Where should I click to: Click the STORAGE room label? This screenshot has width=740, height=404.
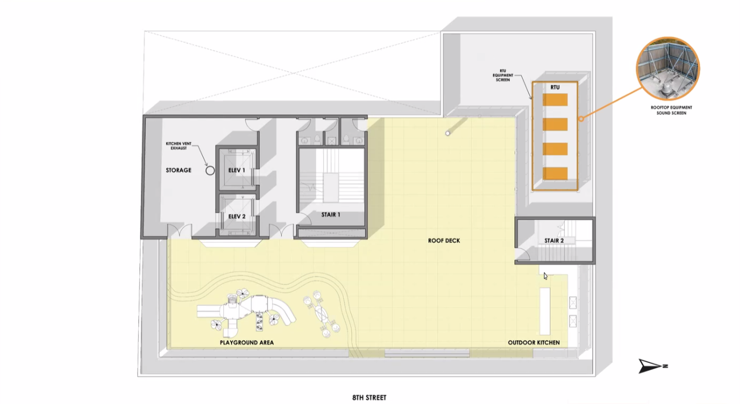(x=178, y=170)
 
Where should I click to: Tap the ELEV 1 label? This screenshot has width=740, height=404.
(x=237, y=170)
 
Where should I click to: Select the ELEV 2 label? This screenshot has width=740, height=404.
(x=237, y=217)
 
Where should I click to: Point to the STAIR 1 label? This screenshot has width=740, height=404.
(x=331, y=215)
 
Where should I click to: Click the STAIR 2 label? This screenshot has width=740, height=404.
(x=554, y=241)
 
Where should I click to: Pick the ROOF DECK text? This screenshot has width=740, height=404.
(x=444, y=241)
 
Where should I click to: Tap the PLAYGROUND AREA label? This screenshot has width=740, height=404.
(x=247, y=342)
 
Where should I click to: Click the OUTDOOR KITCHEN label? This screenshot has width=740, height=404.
(x=534, y=342)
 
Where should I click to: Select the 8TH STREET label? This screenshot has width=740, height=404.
(x=369, y=398)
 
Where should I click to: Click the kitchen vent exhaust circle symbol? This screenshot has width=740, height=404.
(x=210, y=171)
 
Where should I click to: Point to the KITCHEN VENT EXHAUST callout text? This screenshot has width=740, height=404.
(x=179, y=146)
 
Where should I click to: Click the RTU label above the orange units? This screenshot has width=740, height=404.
(x=555, y=87)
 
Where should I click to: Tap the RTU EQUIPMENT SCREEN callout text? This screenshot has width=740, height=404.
(x=503, y=75)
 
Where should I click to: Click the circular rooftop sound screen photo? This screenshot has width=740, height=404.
(x=667, y=69)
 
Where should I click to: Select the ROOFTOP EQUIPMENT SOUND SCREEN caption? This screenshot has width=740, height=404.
(x=671, y=110)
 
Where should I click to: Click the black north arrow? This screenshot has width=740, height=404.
(x=651, y=366)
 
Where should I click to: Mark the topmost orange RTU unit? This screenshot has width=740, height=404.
(x=555, y=100)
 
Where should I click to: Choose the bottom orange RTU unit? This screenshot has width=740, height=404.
(x=555, y=173)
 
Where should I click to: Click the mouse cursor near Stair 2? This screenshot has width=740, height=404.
(x=545, y=276)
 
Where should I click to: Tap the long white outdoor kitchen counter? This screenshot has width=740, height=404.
(x=545, y=311)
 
